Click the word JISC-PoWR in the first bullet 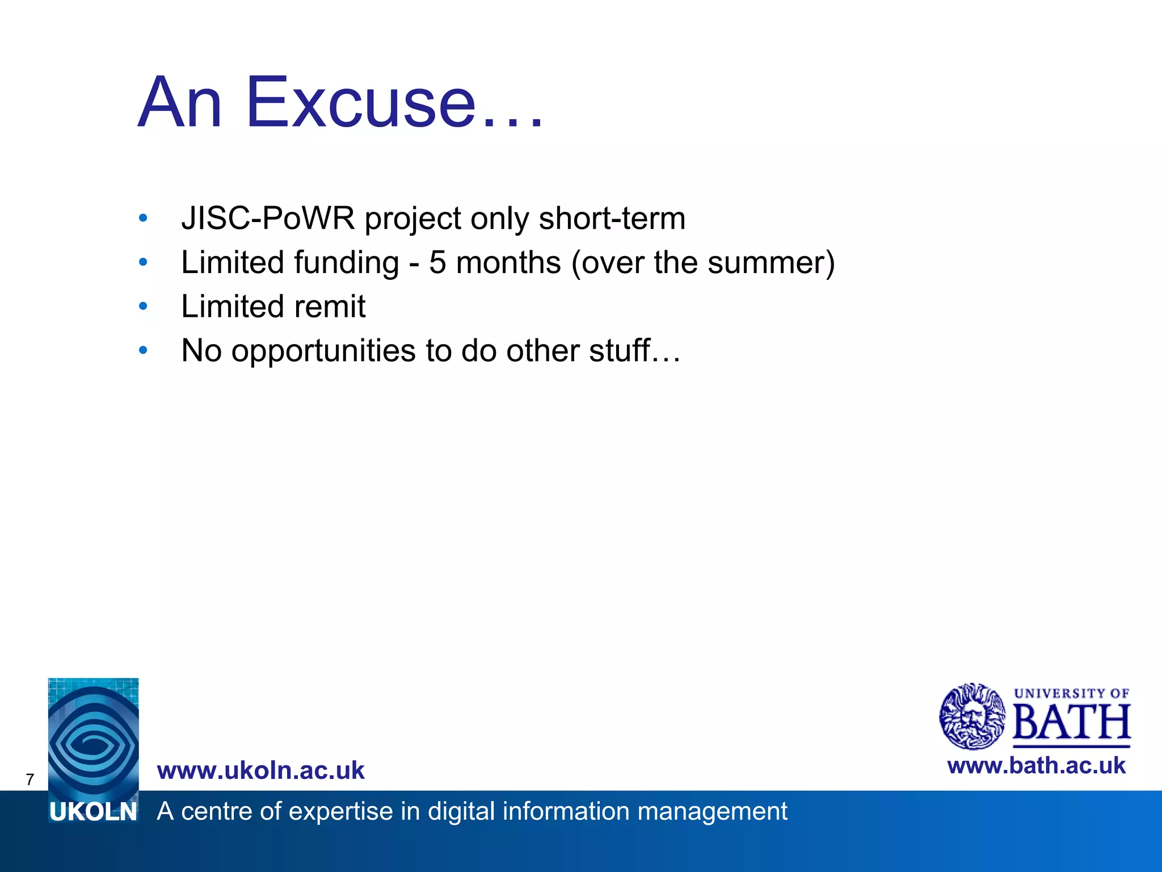(x=268, y=218)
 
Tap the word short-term (x=612, y=218)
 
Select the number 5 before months (x=437, y=263)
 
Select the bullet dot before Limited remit (x=143, y=307)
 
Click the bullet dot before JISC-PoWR (x=143, y=218)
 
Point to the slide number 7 (x=30, y=779)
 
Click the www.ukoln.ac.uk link (x=260, y=770)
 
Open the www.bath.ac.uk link (x=1036, y=766)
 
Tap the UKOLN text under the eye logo (x=94, y=812)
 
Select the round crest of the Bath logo (x=972, y=716)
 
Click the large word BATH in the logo (x=1071, y=722)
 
